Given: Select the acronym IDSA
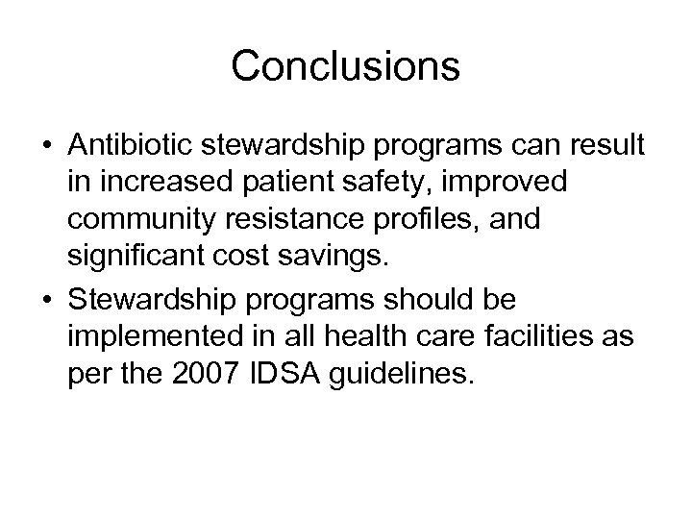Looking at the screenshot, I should point(290,372).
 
